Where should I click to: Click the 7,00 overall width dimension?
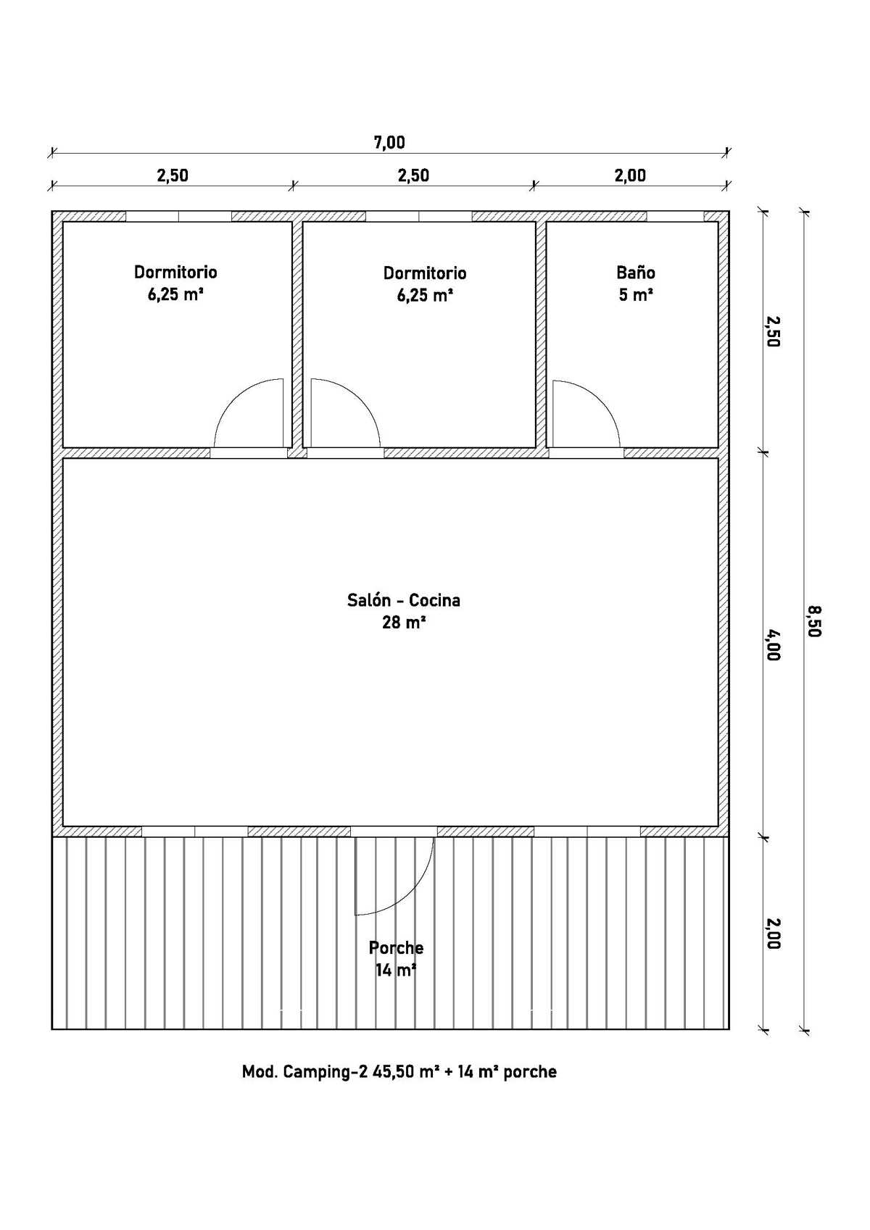tap(389, 142)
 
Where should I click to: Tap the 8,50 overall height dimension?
tap(813, 621)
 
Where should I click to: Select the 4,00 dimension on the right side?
tap(772, 644)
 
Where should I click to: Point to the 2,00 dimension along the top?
tap(630, 175)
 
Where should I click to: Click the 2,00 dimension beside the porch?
tap(772, 934)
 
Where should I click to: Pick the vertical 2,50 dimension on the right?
tap(772, 331)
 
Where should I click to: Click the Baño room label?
tap(636, 273)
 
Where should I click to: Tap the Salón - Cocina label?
tap(404, 600)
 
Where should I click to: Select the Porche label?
tap(396, 947)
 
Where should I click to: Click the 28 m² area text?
tap(405, 622)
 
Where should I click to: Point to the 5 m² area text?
tap(636, 295)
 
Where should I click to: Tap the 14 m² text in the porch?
tap(395, 971)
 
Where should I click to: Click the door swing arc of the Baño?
tap(599, 399)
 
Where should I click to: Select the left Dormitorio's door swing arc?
tap(234, 399)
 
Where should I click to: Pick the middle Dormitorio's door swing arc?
tap(359, 399)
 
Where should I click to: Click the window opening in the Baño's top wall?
tap(675, 216)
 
